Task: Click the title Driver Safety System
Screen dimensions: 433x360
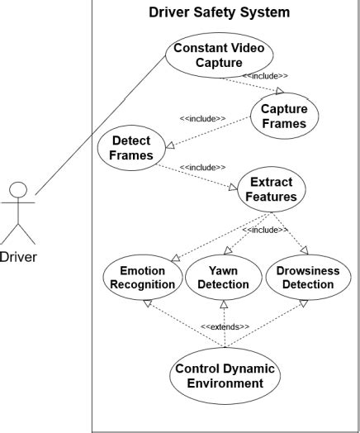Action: (219, 13)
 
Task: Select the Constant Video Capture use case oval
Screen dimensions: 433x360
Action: (220, 55)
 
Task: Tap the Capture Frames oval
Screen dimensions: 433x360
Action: (283, 117)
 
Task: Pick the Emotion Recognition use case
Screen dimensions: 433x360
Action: (141, 278)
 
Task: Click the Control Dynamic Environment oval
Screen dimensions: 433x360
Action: (224, 376)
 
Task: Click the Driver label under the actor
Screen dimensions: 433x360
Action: (17, 256)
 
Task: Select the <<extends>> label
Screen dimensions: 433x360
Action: (225, 326)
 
